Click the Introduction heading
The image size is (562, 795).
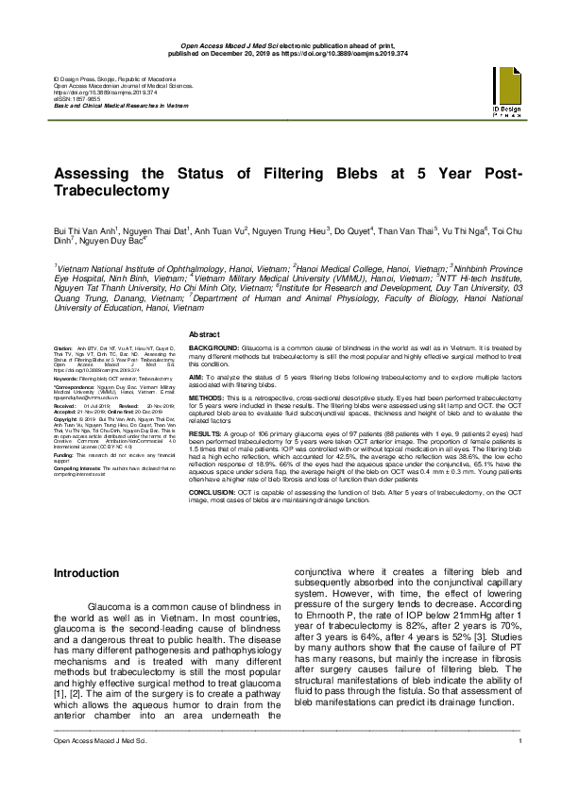tap(86, 573)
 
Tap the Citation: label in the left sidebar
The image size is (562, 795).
tap(63, 348)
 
